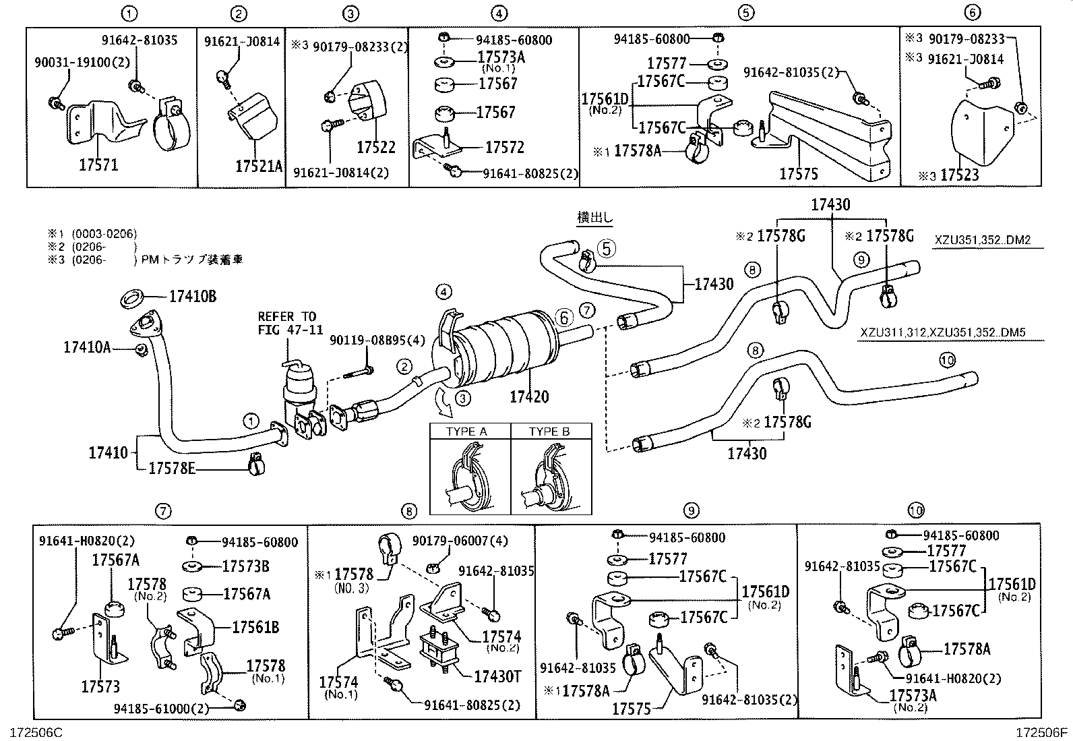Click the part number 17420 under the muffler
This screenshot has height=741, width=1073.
click(529, 396)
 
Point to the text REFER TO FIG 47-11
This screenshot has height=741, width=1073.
click(286, 322)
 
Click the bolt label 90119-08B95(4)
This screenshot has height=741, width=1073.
click(377, 341)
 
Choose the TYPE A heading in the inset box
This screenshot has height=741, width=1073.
click(466, 432)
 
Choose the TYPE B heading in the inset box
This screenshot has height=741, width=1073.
click(549, 432)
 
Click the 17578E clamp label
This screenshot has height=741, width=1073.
click(172, 468)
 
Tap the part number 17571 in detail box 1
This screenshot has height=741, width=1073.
click(94, 165)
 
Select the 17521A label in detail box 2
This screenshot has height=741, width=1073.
click(259, 166)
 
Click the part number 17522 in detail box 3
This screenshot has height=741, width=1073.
click(376, 147)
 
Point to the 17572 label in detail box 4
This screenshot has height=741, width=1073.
click(500, 148)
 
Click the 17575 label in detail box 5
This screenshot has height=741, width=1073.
click(799, 174)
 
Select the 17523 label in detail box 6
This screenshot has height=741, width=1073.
click(960, 175)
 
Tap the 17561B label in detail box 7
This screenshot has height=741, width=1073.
click(255, 627)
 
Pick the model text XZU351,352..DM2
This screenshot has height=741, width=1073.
click(983, 240)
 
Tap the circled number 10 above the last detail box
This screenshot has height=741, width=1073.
click(915, 510)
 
